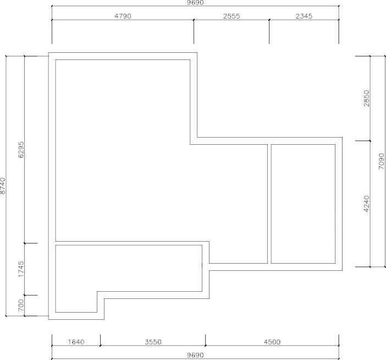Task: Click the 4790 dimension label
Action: (x=123, y=17)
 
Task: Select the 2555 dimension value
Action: (x=231, y=17)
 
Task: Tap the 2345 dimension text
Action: (x=304, y=17)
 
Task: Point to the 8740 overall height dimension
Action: (x=2, y=186)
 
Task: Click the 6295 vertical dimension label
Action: (x=21, y=150)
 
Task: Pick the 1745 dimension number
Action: (x=21, y=269)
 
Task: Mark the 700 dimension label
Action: (x=21, y=305)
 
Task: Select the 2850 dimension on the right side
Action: (x=367, y=99)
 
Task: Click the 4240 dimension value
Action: (x=367, y=204)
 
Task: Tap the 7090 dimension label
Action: (x=381, y=161)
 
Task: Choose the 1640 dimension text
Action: (x=76, y=342)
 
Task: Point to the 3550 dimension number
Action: (x=153, y=342)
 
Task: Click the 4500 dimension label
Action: (x=272, y=342)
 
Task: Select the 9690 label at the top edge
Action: (x=195, y=2)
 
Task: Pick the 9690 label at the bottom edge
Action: (x=195, y=355)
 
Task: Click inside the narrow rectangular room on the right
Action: (x=303, y=204)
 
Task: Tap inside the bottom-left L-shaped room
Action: (x=128, y=268)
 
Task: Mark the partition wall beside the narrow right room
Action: (x=269, y=204)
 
